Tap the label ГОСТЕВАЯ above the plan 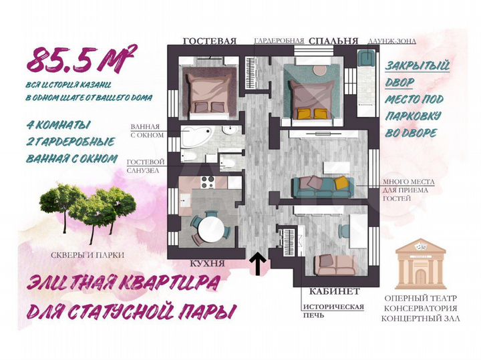(209, 41)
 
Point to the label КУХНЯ (207, 264)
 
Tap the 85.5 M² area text (82, 59)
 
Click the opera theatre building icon (420, 263)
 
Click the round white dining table (211, 230)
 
